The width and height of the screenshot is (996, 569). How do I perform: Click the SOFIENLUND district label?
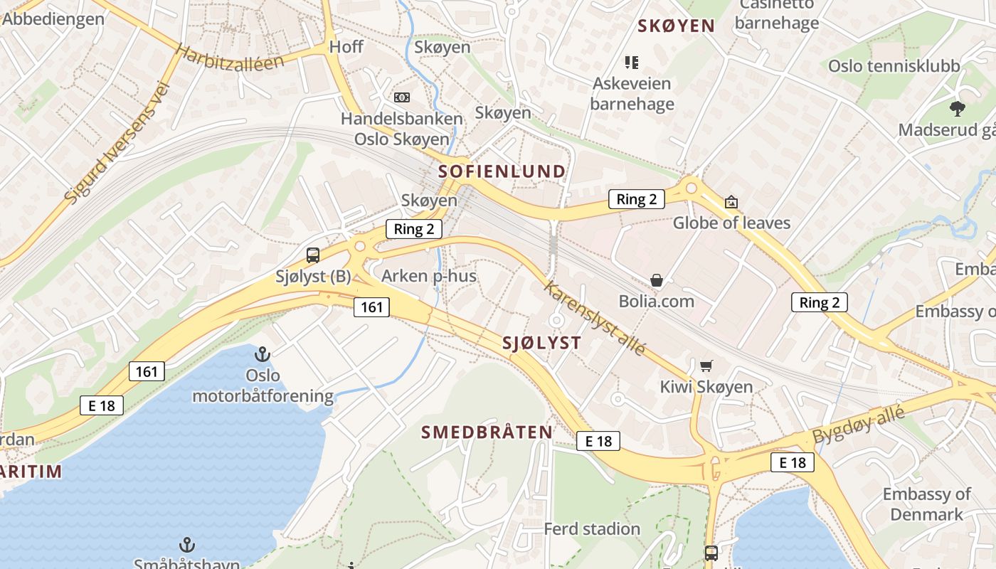click(502, 171)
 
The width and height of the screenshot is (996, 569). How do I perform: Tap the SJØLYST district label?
click(541, 343)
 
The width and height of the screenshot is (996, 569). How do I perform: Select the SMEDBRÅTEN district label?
click(487, 432)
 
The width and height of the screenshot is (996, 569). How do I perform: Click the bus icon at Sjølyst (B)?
click(312, 255)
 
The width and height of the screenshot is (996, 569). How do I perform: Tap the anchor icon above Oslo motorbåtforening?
click(263, 353)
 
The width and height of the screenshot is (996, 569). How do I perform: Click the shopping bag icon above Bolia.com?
click(657, 281)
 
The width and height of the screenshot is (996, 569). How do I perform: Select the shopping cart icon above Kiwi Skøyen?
click(706, 366)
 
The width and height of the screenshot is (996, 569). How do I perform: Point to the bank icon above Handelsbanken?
click(401, 97)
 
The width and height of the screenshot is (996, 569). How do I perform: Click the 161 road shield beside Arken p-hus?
click(371, 307)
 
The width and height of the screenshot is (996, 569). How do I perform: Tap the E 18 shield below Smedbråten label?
click(598, 441)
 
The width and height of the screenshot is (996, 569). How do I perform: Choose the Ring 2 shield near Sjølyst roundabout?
click(413, 229)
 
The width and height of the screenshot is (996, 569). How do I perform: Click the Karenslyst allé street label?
click(595, 318)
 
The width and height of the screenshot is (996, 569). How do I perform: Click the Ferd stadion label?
click(592, 529)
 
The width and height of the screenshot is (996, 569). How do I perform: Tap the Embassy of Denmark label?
click(926, 504)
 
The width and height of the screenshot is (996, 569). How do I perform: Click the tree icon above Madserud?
click(957, 109)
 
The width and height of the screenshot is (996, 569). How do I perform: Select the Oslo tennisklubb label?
click(894, 66)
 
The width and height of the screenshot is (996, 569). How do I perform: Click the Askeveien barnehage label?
click(632, 94)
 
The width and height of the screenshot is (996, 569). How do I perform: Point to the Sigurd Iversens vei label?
click(117, 142)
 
